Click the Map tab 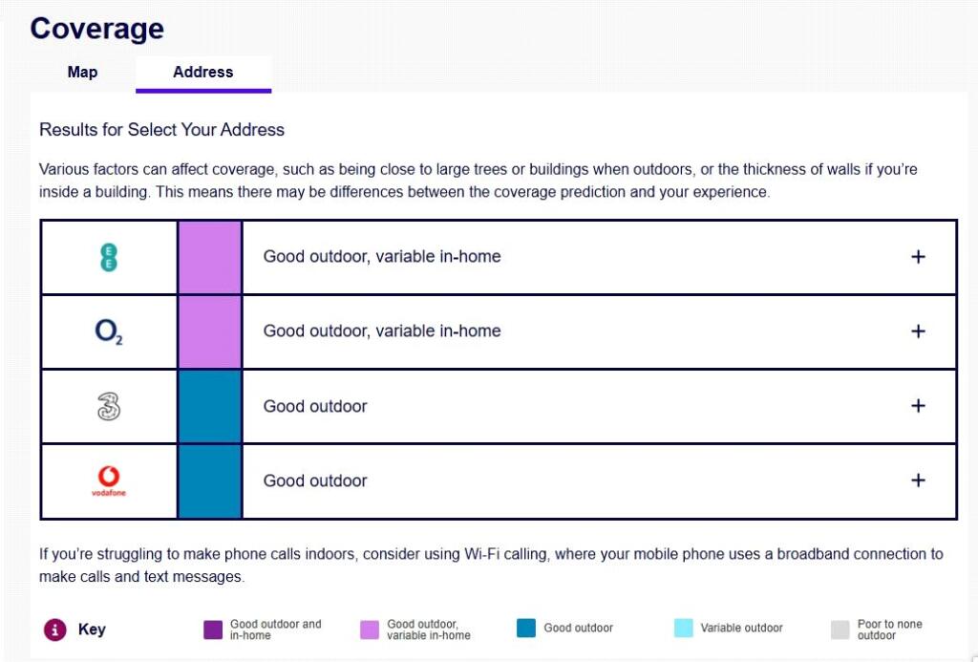click(x=82, y=73)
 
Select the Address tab click(x=202, y=73)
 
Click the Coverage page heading click(x=96, y=29)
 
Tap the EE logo click(x=109, y=257)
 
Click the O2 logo click(x=109, y=331)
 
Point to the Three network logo click(x=109, y=407)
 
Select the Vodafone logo click(x=109, y=480)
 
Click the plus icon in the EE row click(x=918, y=257)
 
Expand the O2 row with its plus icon click(x=918, y=331)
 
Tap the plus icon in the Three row click(x=918, y=406)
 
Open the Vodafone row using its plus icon click(x=918, y=480)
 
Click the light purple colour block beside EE click(x=210, y=257)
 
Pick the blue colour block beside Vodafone click(x=210, y=480)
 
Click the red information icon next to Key click(x=55, y=630)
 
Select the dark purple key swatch click(x=213, y=630)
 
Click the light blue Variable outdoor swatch click(x=683, y=629)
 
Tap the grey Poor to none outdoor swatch click(x=840, y=630)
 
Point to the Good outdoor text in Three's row click(x=315, y=406)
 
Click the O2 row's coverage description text click(x=382, y=331)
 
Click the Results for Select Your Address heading click(x=161, y=129)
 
